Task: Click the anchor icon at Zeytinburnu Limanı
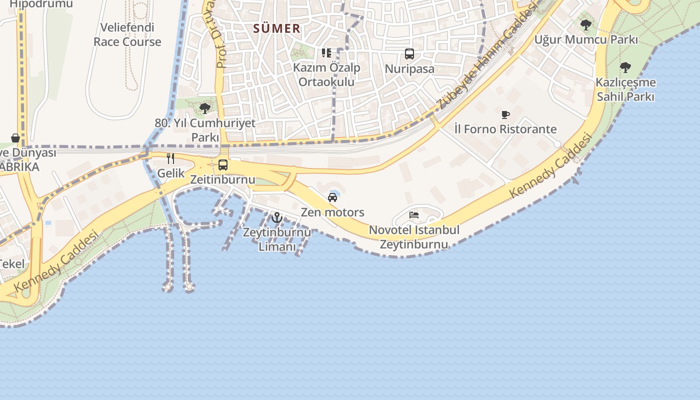coord(277,217)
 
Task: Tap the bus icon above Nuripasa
coord(409,54)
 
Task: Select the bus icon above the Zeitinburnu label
coord(223,164)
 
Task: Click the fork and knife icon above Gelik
coord(171,158)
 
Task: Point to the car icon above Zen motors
coord(332,197)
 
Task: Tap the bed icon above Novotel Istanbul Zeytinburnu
coord(414,215)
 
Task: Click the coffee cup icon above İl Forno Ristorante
coord(505,114)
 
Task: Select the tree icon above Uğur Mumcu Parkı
coord(586,24)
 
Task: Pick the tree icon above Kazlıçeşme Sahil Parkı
coord(625,67)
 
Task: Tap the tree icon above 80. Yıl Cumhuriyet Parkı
coord(204,108)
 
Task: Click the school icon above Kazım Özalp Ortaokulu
coord(326,52)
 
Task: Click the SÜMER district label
coord(277,28)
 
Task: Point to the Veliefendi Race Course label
coord(127,34)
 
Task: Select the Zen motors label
coord(332,212)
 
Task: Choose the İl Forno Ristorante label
coord(505,129)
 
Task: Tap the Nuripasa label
coord(409,69)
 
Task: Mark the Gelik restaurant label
coord(171,173)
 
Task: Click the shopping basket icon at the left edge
coord(15,137)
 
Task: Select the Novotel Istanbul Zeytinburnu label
coord(414,237)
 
